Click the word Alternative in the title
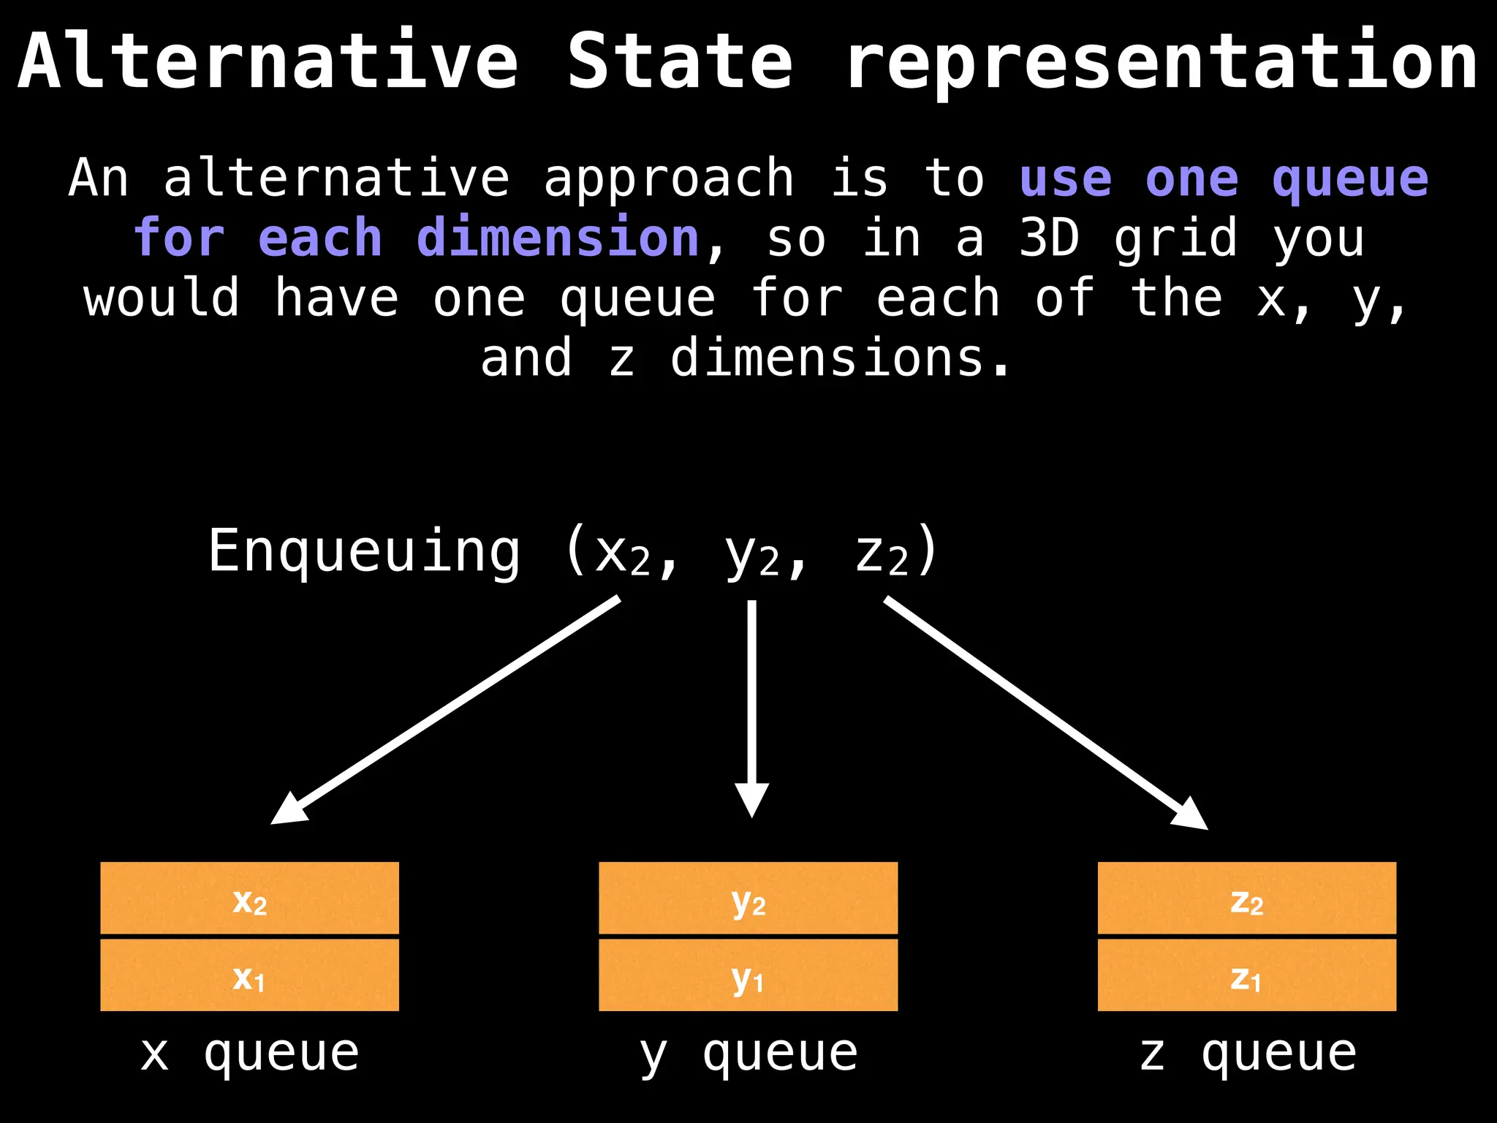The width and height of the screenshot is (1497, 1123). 268,61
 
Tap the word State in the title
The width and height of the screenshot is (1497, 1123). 680,61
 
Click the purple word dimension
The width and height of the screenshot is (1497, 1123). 558,238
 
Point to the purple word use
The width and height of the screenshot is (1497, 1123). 1066,178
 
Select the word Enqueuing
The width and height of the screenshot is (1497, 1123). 364,552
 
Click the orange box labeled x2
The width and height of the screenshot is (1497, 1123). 249,898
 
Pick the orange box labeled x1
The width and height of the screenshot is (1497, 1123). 249,975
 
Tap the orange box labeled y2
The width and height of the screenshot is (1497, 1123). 748,898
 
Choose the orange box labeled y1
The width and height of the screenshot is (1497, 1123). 748,975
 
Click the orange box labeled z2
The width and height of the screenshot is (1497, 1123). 1247,898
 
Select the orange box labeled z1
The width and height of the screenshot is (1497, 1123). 1247,975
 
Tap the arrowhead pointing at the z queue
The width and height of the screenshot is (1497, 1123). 1189,814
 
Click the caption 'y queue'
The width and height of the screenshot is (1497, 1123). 748,1054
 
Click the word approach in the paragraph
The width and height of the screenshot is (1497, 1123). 668,178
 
